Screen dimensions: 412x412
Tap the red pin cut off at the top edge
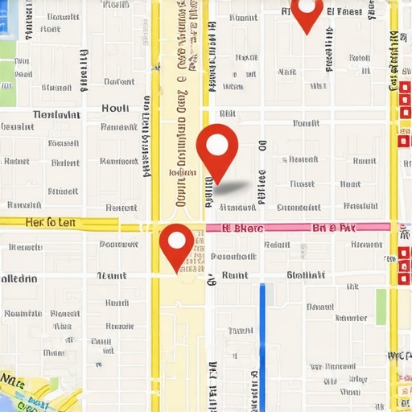[x=306, y=13]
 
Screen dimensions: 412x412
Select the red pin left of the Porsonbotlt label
[x=177, y=245]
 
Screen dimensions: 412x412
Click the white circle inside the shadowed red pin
[x=217, y=145]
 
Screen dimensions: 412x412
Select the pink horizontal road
[x=298, y=228]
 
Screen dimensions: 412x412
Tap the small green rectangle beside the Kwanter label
[x=381, y=306]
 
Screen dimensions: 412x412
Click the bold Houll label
[x=116, y=108]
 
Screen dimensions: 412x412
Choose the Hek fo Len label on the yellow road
[x=51, y=222]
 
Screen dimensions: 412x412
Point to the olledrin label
[x=19, y=278]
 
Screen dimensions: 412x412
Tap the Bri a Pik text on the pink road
[x=333, y=228]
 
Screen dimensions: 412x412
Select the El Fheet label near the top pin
[x=345, y=12]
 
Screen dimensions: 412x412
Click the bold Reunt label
[x=234, y=275]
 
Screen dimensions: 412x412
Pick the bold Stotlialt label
[x=306, y=275]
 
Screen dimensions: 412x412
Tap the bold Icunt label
[x=111, y=275]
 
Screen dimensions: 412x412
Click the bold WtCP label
[x=400, y=355]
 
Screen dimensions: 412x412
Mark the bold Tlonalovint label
[x=56, y=114]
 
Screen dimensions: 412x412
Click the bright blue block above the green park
[x=6, y=20]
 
